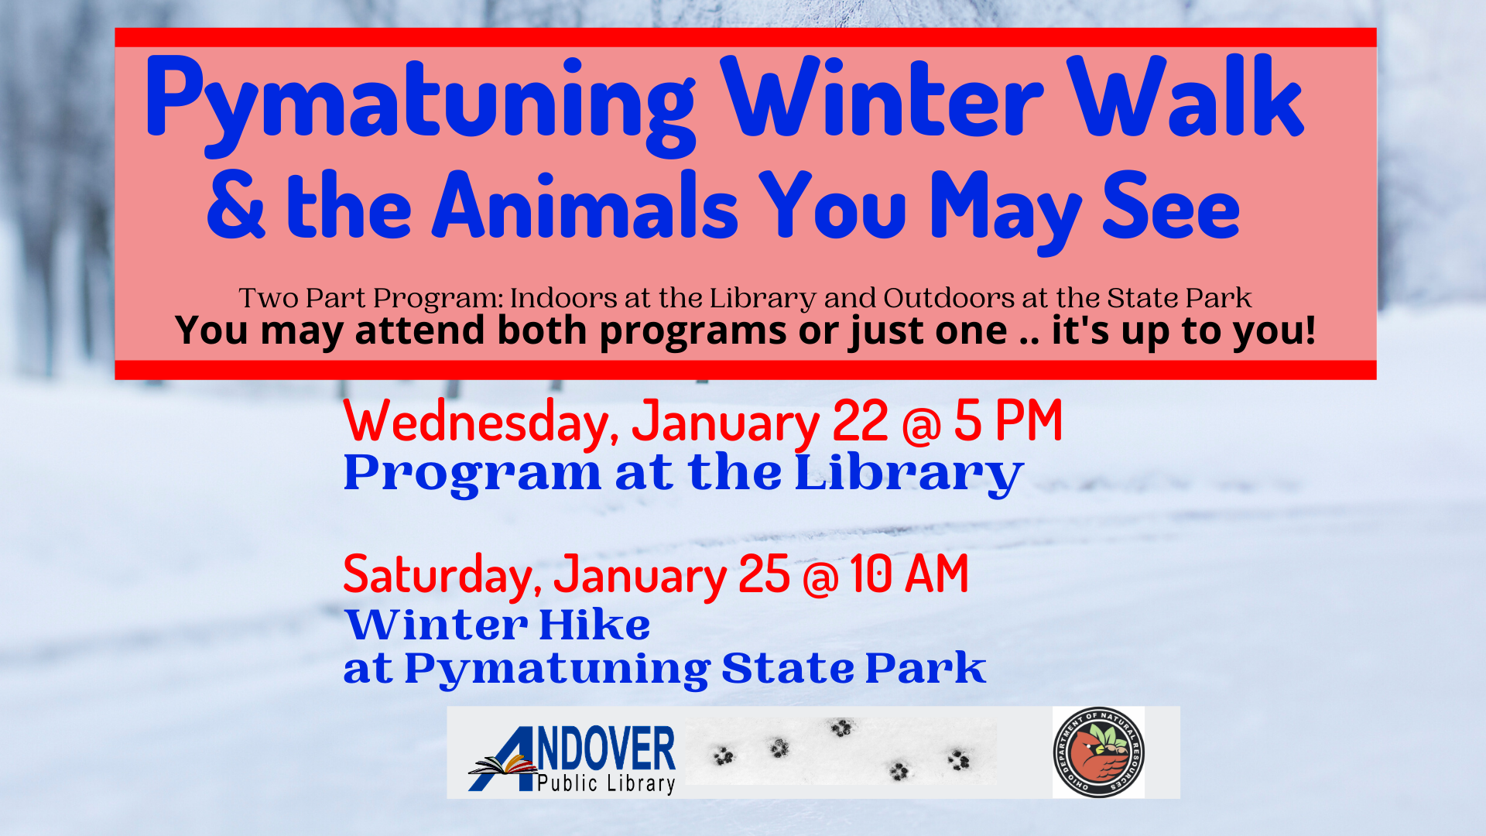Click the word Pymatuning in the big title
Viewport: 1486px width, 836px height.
point(420,104)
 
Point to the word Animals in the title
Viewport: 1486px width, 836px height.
point(585,205)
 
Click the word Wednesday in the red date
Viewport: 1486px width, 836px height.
point(480,422)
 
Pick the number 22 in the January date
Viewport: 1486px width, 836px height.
point(860,422)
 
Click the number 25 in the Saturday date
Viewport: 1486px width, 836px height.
point(764,574)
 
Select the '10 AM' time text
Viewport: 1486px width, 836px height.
point(909,574)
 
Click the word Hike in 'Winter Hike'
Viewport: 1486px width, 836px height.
point(594,625)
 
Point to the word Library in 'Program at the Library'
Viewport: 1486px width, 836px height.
point(909,474)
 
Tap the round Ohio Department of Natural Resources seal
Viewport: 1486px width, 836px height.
point(1098,752)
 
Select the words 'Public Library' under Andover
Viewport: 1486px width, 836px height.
point(606,783)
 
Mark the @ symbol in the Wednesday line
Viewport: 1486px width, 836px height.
point(921,425)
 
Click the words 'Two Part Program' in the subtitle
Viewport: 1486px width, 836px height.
point(371,298)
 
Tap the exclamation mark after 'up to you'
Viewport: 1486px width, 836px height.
point(1309,330)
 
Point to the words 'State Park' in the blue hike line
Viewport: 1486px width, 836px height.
point(854,667)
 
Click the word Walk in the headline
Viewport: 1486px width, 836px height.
point(1186,97)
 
